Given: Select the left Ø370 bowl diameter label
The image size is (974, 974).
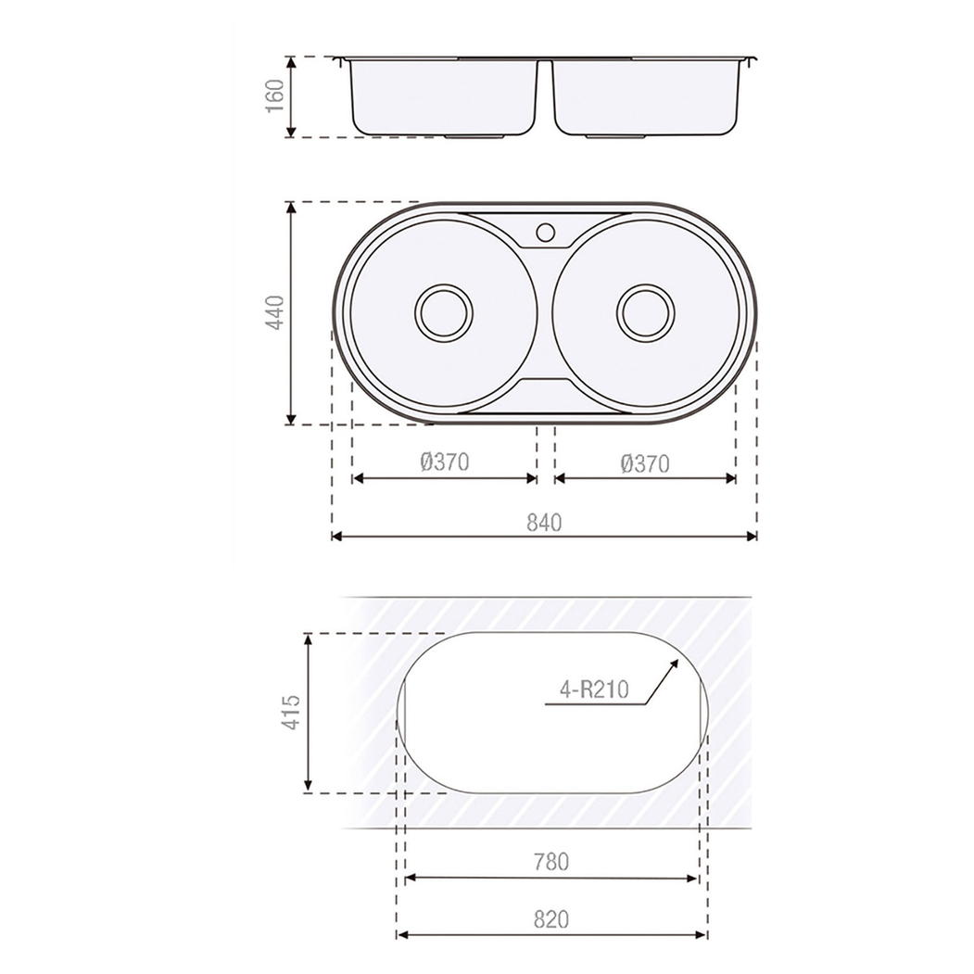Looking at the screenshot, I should pos(445,462).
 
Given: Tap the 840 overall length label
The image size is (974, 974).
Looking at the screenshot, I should pos(545,522).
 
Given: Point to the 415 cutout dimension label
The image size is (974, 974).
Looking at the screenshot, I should pos(290,713).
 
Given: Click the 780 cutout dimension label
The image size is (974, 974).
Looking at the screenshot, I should pos(551,862).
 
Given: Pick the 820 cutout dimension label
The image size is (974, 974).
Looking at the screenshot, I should pos(551,919).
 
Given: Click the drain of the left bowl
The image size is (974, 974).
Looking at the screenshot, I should pos(444,311).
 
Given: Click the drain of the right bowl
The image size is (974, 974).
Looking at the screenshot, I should pos(647,311).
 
